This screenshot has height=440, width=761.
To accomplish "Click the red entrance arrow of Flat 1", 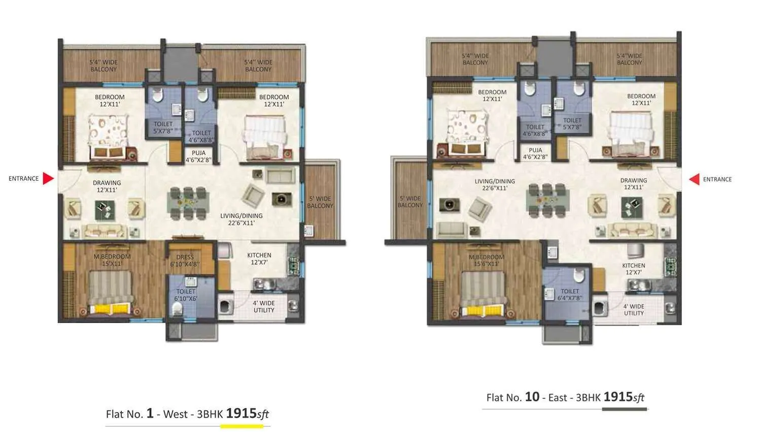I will pos(48,178).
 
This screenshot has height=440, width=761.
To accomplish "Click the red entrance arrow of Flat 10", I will pos(694,179).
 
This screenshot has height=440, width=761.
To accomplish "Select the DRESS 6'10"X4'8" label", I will pos(185,261).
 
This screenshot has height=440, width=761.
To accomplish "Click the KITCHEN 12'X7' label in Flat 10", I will pos(634,269).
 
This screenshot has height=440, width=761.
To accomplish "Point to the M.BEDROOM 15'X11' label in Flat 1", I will pos(112,260).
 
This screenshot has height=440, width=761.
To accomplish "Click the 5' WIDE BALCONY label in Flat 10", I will pos(410,202).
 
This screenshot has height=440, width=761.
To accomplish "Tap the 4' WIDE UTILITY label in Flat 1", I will pos(264,306).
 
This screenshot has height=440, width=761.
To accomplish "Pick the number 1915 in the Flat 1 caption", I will pos(241,413).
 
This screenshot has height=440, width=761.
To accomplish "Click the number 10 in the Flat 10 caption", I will pos(532,397).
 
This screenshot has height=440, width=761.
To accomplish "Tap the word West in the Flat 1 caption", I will pos(176,414).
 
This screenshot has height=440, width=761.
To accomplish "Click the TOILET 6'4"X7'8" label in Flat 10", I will pos(570,295).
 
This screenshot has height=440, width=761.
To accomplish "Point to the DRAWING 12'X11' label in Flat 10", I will pos(633,183).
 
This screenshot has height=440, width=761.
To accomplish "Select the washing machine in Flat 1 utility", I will pos(225,307).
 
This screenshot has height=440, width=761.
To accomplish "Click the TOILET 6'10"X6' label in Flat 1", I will pos(186,295).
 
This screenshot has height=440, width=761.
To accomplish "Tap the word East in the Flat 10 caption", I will pos(557,397).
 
